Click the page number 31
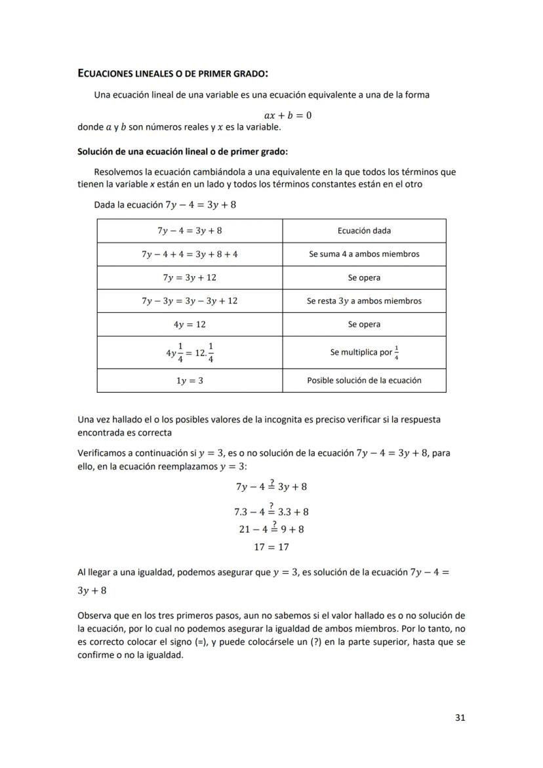460,717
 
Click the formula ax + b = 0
283,115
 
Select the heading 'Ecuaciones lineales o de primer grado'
173,73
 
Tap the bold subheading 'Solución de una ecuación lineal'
182,152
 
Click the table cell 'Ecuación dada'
364,230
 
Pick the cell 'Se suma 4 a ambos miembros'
364,254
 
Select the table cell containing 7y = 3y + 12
190,277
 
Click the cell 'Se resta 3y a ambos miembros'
364,301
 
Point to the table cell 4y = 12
190,325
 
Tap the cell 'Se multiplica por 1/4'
364,352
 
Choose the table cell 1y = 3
190,380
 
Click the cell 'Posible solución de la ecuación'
364,380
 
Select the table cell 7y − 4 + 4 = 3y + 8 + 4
190,254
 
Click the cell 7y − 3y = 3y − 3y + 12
190,301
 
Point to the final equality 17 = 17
271,546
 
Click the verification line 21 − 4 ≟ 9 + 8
271,529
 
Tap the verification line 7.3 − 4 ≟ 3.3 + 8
271,511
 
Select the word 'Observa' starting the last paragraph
95,615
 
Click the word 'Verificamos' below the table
102,453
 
